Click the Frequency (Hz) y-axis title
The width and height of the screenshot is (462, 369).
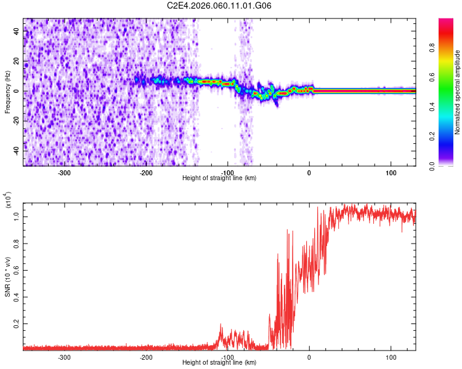[7, 92]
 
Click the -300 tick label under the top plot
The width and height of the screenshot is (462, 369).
[65, 172]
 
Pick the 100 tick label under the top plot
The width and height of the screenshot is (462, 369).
[391, 172]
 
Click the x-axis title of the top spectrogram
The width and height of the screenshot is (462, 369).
[219, 178]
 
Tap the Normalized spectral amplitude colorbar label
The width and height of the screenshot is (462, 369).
[457, 92]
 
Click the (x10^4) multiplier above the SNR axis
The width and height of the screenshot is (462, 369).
[7, 201]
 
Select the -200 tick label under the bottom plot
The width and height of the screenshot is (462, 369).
[146, 357]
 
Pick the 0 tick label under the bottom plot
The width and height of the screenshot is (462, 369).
[309, 357]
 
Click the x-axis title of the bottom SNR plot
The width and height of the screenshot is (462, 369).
[219, 363]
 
